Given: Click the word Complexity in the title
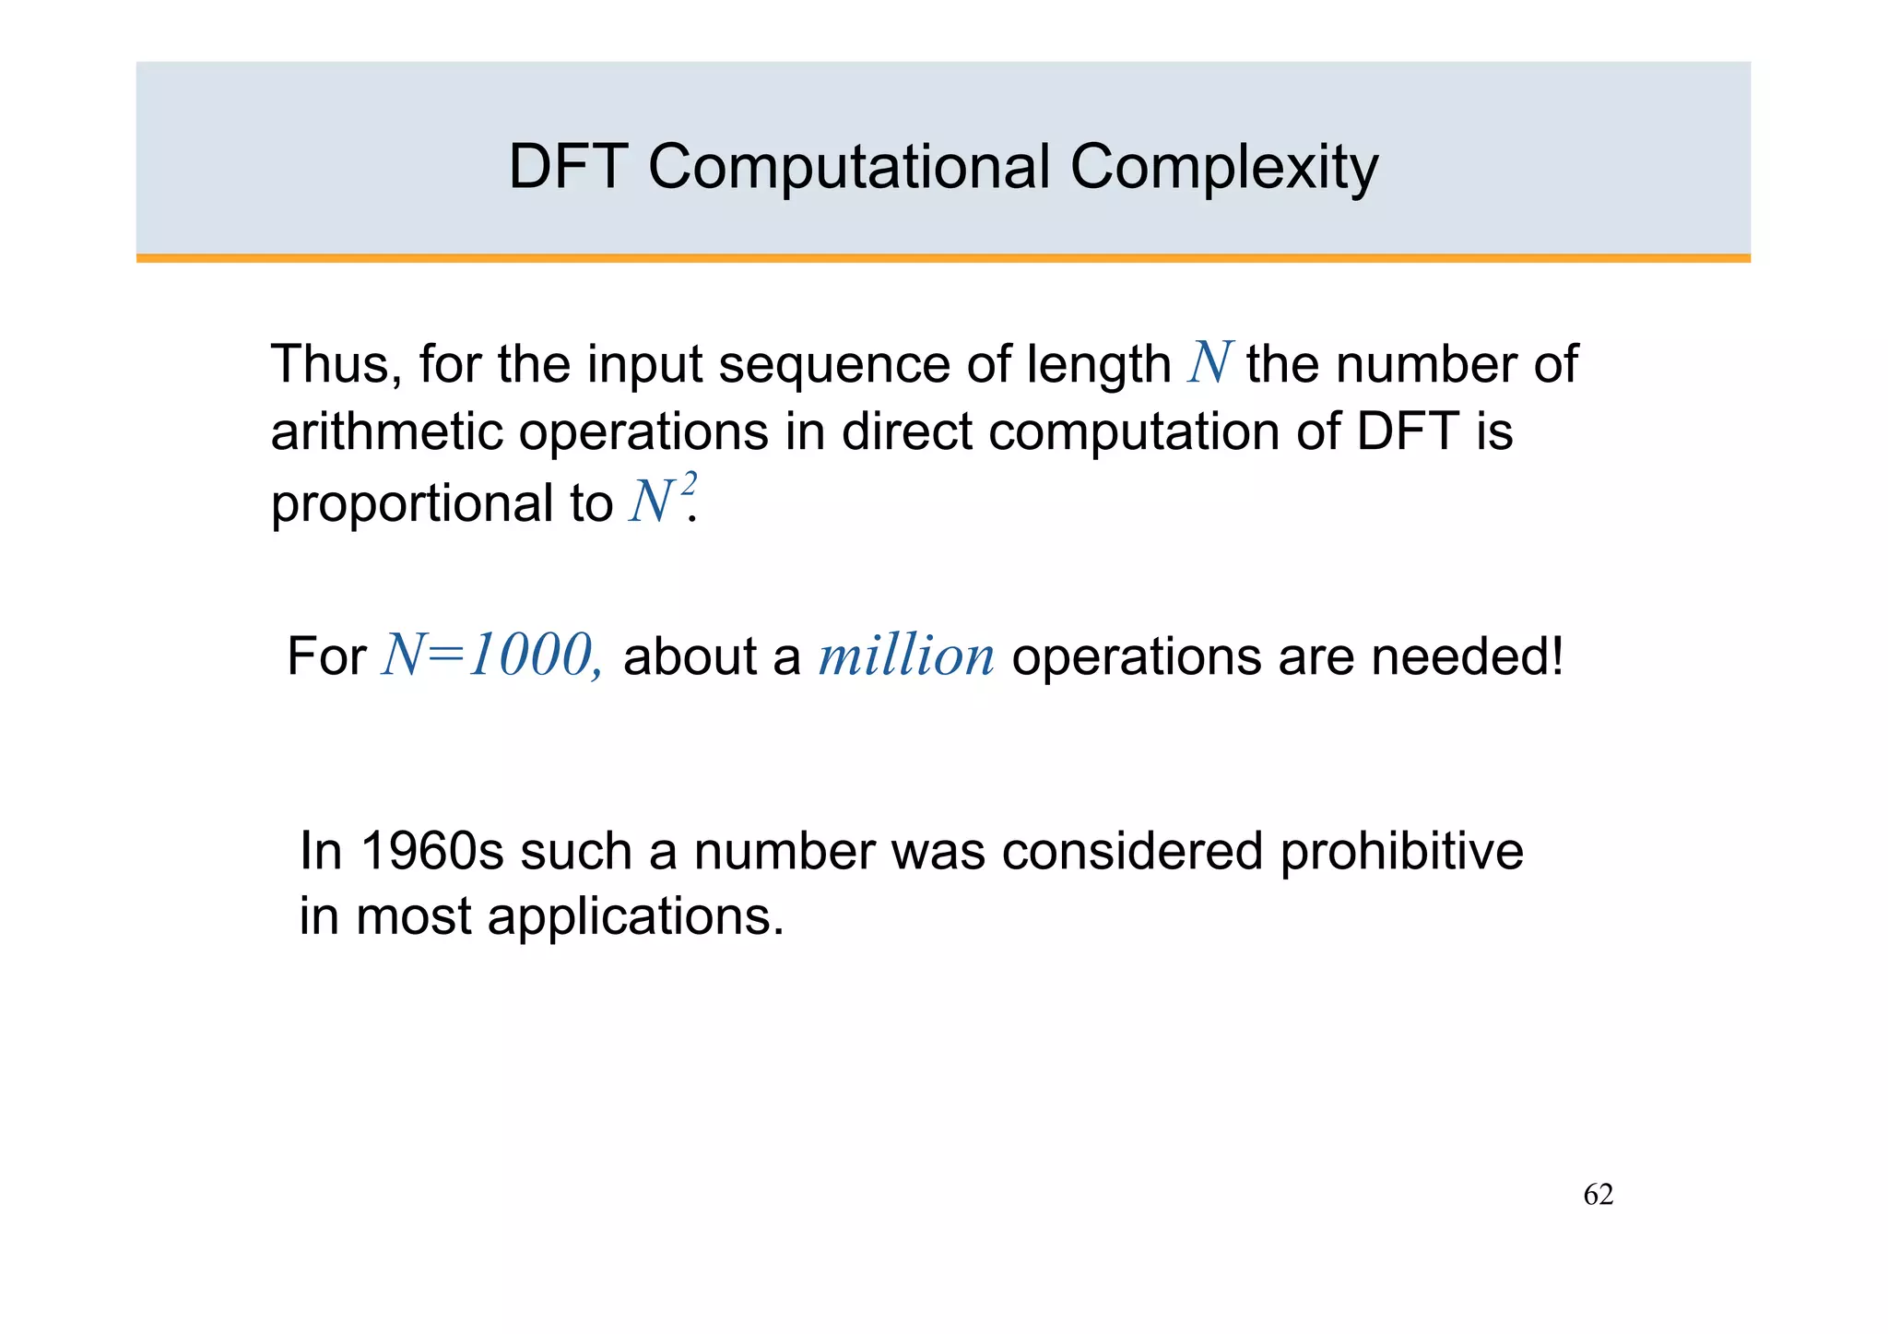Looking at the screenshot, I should click(1223, 168).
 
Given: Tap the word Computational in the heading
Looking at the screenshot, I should click(849, 168).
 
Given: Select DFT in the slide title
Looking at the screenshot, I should click(568, 168).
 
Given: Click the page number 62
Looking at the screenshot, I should click(1598, 1195).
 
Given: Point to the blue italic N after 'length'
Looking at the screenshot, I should click(1209, 363).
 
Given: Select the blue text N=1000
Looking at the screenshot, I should click(491, 656).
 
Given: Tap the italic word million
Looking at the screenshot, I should click(906, 656).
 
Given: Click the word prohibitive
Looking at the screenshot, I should click(1401, 851).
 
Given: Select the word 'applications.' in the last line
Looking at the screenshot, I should click(635, 916).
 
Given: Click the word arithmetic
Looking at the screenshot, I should click(386, 431).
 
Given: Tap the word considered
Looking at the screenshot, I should click(1132, 851).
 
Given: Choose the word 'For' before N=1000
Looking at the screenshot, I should click(326, 656).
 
